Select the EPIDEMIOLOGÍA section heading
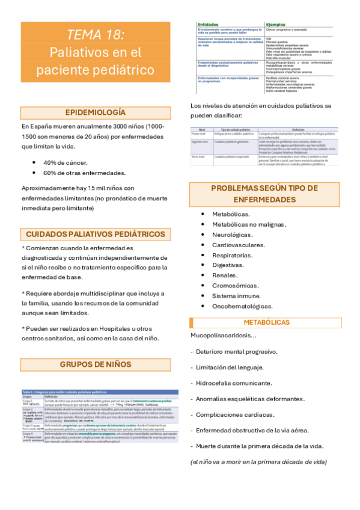pos(96,112)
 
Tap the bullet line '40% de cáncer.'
pos(65,162)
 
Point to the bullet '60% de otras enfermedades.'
pos(84,173)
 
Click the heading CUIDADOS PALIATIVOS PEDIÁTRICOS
pos(96,234)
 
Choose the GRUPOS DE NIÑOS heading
pos(96,364)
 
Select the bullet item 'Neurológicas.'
pos(232,235)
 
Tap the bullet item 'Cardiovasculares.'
pos(239,245)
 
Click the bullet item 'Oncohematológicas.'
pos(242,306)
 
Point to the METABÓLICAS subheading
pos(266,322)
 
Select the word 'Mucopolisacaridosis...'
pos(223,335)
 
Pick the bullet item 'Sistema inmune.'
pos(236,296)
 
